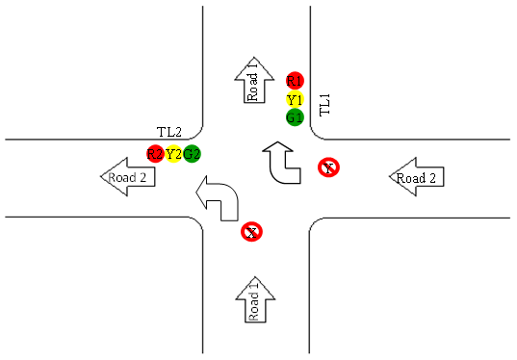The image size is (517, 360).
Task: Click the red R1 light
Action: (295, 80)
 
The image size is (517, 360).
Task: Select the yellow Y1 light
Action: (295, 99)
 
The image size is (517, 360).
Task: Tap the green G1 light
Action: (295, 117)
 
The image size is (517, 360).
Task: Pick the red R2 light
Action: (154, 154)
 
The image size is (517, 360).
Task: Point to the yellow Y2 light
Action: (173, 154)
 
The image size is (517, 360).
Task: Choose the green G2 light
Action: (192, 154)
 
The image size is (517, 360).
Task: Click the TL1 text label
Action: (324, 104)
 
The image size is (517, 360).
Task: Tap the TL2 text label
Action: (169, 132)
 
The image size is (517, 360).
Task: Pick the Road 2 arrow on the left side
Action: (128, 177)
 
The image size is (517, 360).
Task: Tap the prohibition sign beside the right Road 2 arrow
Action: (329, 168)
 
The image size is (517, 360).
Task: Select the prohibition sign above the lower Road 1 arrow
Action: (251, 231)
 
